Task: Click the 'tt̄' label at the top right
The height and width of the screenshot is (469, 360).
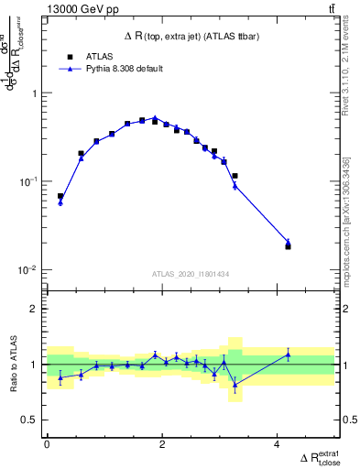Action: [x=330, y=10]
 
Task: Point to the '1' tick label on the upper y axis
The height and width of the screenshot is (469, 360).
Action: [x=34, y=93]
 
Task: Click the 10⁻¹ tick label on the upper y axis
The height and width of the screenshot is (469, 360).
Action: [x=29, y=181]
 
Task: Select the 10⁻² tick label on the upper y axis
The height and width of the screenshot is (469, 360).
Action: [x=29, y=270]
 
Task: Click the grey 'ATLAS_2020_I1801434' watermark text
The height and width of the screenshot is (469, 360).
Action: [x=189, y=274]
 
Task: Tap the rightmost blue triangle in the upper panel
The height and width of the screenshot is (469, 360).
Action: [x=288, y=242]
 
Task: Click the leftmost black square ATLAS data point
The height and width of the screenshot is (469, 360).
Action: [x=60, y=196]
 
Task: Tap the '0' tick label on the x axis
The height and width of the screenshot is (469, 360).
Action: [x=47, y=444]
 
